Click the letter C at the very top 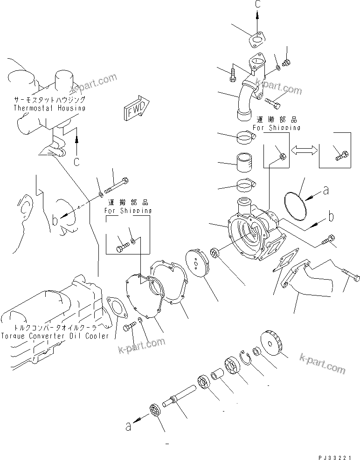[x=257, y=4]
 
